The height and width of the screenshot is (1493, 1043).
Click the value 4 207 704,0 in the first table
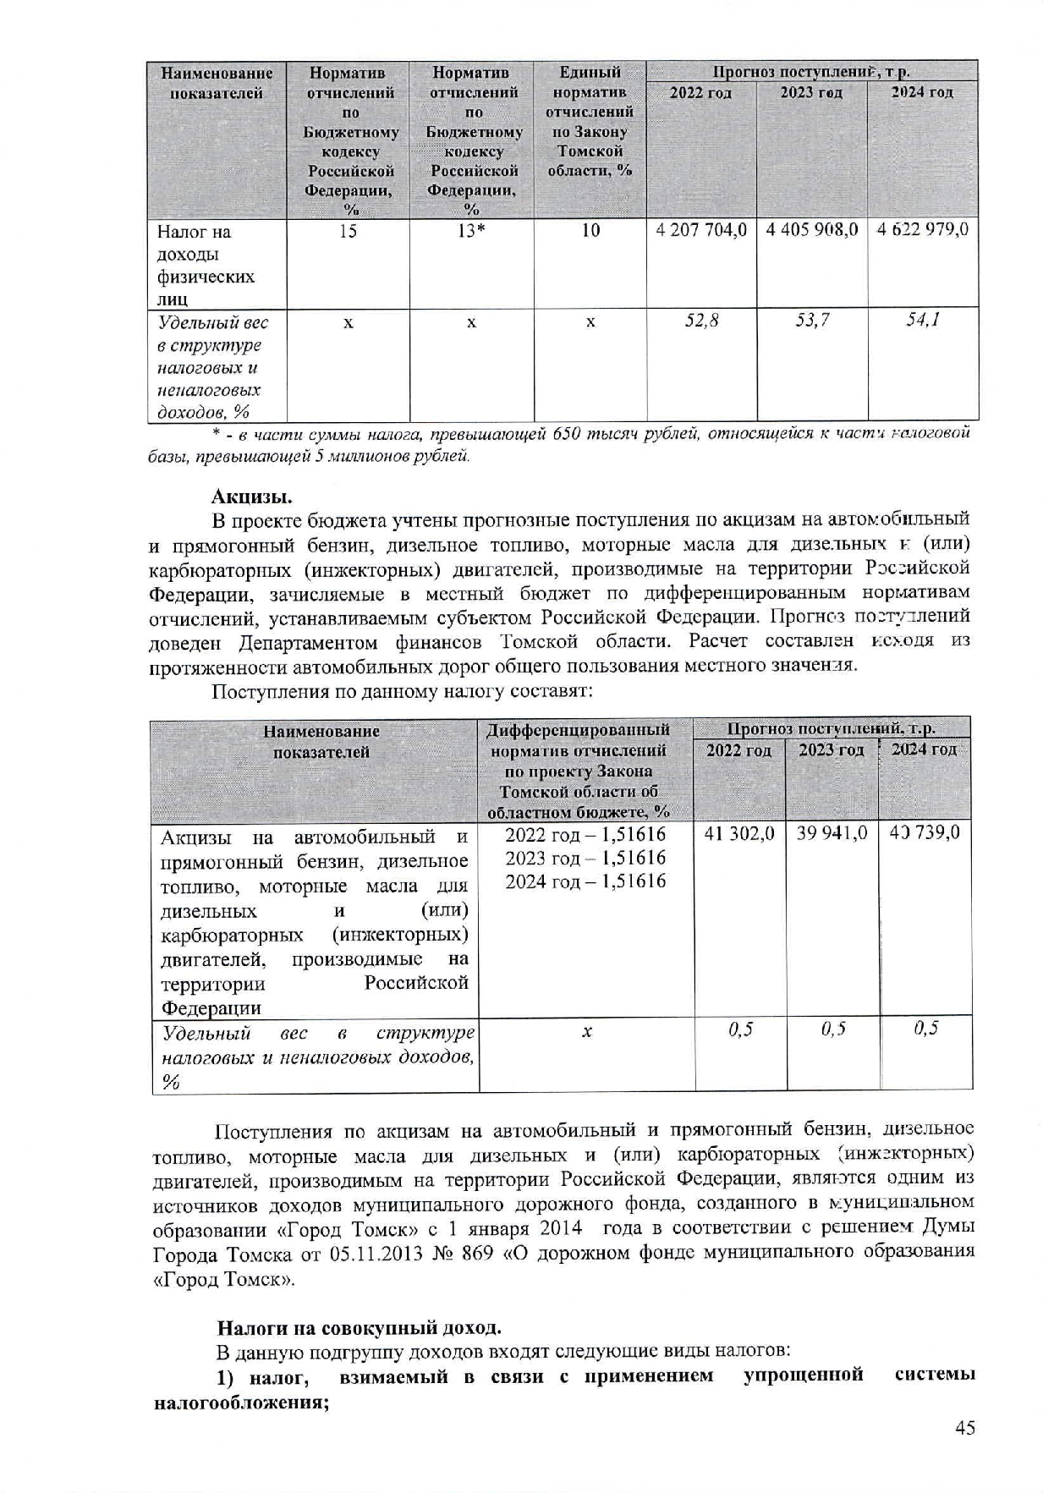point(700,230)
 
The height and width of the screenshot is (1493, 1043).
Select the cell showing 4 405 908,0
point(812,230)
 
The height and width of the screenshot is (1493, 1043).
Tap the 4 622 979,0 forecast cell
point(923,230)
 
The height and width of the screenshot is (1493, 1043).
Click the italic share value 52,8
point(702,321)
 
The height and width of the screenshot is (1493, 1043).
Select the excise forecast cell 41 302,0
point(739,833)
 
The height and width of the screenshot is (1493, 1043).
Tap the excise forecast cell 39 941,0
point(832,833)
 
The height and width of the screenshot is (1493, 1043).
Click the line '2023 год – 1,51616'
point(585,858)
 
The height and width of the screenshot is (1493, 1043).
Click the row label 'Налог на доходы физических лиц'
point(200,265)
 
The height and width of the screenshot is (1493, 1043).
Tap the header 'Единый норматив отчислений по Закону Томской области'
point(590,121)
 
